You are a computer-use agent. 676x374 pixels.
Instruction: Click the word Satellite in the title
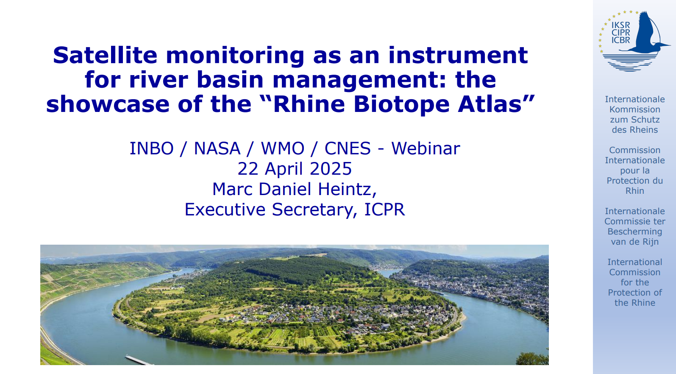pyautogui.click(x=105, y=56)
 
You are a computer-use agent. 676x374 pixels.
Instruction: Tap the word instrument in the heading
pyautogui.click(x=458, y=56)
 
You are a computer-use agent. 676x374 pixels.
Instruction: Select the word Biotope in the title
pyautogui.click(x=401, y=104)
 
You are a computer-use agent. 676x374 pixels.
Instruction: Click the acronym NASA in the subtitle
pyautogui.click(x=217, y=149)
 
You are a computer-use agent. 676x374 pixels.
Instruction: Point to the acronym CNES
pyautogui.click(x=348, y=149)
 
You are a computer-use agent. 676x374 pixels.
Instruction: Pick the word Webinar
pyautogui.click(x=426, y=149)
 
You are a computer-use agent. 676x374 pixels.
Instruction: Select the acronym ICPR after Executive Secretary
pyautogui.click(x=384, y=210)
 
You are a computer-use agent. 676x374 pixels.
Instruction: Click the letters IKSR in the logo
pyautogui.click(x=620, y=25)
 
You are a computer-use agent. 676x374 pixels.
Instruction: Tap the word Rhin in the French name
pyautogui.click(x=634, y=191)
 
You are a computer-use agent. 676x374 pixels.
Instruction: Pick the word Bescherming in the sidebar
pyautogui.click(x=634, y=232)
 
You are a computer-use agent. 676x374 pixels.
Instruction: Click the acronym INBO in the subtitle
pyautogui.click(x=151, y=149)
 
